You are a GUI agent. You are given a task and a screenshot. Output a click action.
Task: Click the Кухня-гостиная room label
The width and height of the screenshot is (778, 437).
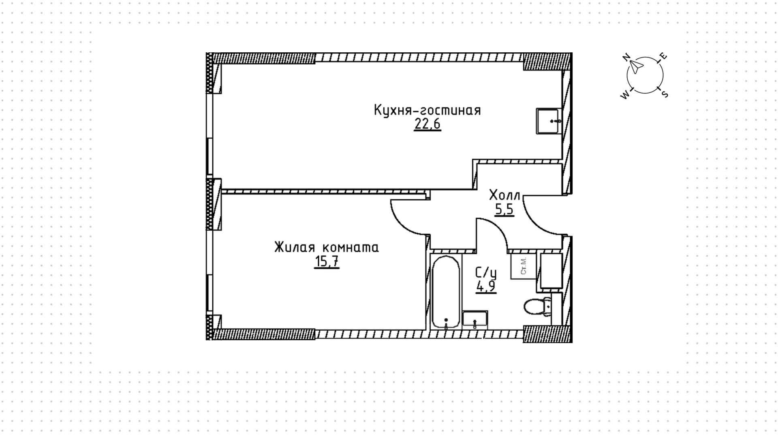coord(427,110)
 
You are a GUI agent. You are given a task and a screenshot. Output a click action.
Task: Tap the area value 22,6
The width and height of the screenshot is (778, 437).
coord(427,124)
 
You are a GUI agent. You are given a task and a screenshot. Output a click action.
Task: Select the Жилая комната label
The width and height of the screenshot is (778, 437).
coord(327,247)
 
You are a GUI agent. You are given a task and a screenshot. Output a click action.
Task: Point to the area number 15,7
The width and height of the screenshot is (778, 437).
coord(327,261)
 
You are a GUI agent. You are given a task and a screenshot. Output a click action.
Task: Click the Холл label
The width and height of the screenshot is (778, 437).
coord(504,195)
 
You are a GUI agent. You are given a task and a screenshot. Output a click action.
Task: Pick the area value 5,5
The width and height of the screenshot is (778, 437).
coord(504,209)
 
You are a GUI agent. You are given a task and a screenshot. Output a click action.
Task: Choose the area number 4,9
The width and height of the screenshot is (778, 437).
coord(486,287)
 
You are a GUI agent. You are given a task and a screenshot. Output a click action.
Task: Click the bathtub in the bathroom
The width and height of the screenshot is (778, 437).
coord(446,291)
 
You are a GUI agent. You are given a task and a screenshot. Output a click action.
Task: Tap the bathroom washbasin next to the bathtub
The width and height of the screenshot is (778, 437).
coord(475,319)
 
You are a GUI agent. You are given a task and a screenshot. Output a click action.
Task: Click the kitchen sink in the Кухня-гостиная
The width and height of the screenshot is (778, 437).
coord(549,121)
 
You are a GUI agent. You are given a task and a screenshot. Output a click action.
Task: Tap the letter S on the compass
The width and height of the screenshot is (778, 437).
coord(664,94)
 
